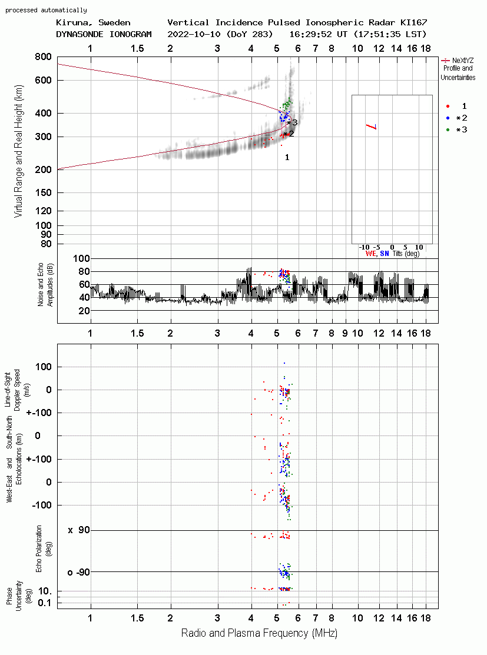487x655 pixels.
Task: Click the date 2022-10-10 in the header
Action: point(194,34)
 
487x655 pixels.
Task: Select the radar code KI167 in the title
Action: point(413,22)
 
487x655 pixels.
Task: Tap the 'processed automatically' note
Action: point(46,10)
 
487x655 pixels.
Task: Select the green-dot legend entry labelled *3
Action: point(457,130)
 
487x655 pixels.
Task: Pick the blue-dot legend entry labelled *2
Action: point(457,118)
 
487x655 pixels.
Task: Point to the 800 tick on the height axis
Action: point(43,57)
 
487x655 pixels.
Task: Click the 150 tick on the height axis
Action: point(43,193)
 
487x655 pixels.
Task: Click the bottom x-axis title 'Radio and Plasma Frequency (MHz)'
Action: point(259,633)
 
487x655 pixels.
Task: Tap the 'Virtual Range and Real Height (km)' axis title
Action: point(18,151)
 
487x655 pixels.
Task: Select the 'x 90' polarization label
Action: point(79,530)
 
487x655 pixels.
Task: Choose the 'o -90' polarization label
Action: point(79,572)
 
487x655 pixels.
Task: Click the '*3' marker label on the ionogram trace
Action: point(292,123)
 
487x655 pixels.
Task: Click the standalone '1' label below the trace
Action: point(287,158)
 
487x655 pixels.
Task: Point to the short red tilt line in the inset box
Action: point(371,127)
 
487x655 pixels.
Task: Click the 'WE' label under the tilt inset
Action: point(371,254)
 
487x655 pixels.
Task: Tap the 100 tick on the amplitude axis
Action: point(81,258)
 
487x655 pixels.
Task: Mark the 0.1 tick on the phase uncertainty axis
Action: point(44,603)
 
